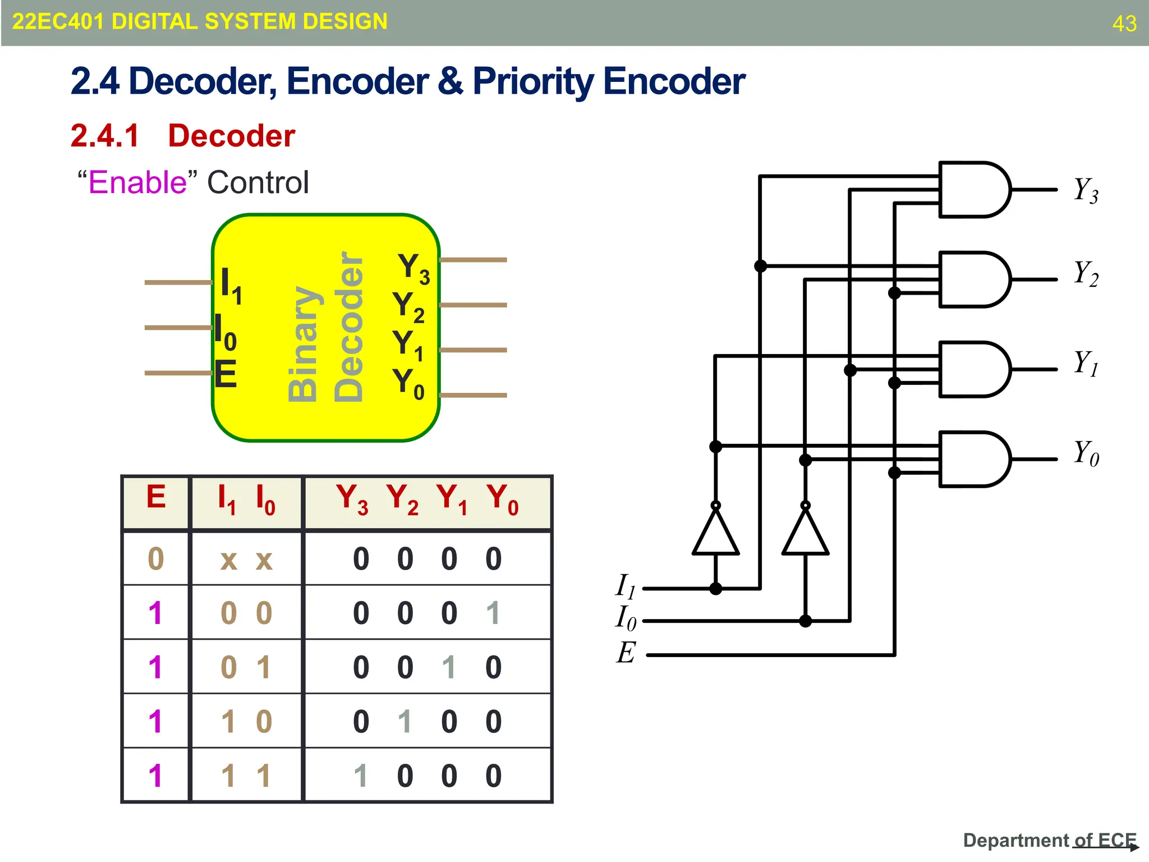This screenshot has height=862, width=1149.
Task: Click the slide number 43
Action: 1124,24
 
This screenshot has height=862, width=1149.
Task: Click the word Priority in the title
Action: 532,82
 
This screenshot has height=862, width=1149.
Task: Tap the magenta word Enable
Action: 137,182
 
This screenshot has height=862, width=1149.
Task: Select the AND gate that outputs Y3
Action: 973,190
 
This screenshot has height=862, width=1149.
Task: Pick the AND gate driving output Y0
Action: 973,459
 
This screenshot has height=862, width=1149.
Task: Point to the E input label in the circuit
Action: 626,653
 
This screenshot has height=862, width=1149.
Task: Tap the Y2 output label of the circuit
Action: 1086,274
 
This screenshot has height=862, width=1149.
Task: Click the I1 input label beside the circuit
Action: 625,586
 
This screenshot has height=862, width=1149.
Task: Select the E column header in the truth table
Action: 156,497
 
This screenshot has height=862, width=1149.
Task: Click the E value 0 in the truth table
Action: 156,559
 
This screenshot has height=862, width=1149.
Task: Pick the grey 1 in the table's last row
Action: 361,776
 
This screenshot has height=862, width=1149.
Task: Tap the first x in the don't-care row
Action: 228,560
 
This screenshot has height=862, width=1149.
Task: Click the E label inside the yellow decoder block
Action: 226,374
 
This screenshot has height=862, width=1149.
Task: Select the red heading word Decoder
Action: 231,136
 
